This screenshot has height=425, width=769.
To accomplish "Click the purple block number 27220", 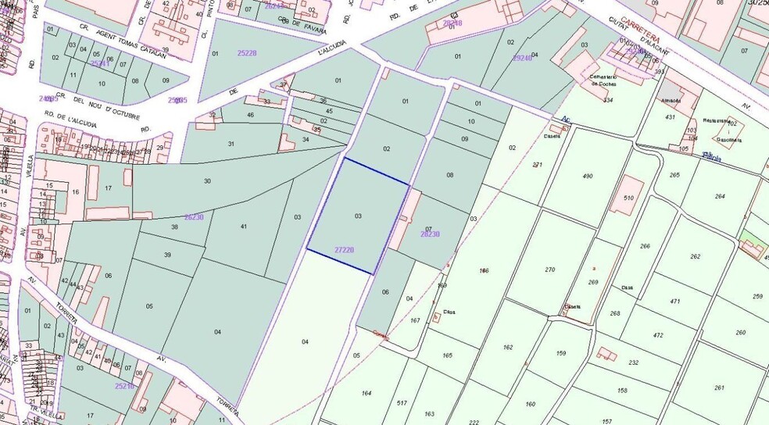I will click(344, 250).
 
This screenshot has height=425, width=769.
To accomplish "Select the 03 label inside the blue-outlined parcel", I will click(358, 216).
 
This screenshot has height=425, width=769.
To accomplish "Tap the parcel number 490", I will click(588, 177).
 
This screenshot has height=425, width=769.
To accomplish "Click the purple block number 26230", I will click(193, 217).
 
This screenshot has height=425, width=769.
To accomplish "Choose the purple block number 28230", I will click(430, 234).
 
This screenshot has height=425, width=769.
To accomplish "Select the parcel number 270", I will click(550, 270).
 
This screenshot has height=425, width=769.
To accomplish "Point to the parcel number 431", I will click(670, 116).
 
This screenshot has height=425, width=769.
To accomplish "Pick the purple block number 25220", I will click(247, 52).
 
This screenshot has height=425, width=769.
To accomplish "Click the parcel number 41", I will click(244, 226).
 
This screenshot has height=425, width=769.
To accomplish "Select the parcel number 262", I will click(695, 256).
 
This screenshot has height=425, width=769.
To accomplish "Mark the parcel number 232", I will click(633, 362).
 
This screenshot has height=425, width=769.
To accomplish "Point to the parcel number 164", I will click(366, 392).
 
